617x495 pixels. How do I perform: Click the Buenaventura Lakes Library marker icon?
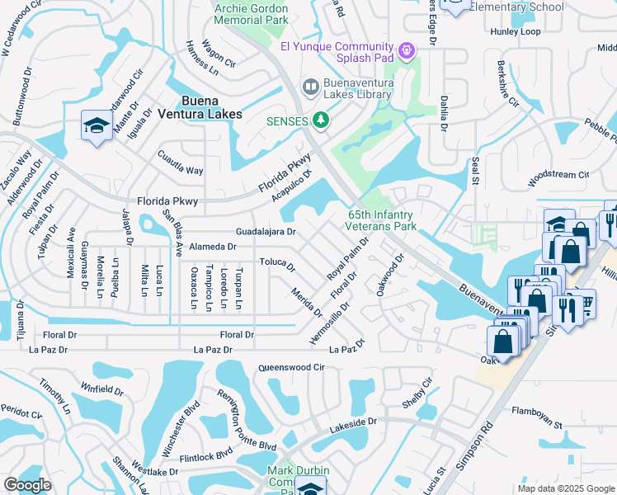click(x=310, y=86)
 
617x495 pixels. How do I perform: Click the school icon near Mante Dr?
click(x=97, y=127)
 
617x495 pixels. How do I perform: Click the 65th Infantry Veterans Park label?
click(x=379, y=219)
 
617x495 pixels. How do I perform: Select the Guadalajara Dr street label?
click(x=266, y=233)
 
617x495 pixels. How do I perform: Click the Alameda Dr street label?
click(x=213, y=247)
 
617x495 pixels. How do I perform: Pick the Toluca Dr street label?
click(x=277, y=264)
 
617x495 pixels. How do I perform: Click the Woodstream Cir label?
click(x=558, y=175)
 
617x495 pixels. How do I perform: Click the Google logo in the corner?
click(x=27, y=485)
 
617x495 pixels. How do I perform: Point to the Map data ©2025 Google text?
click(x=565, y=488)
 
